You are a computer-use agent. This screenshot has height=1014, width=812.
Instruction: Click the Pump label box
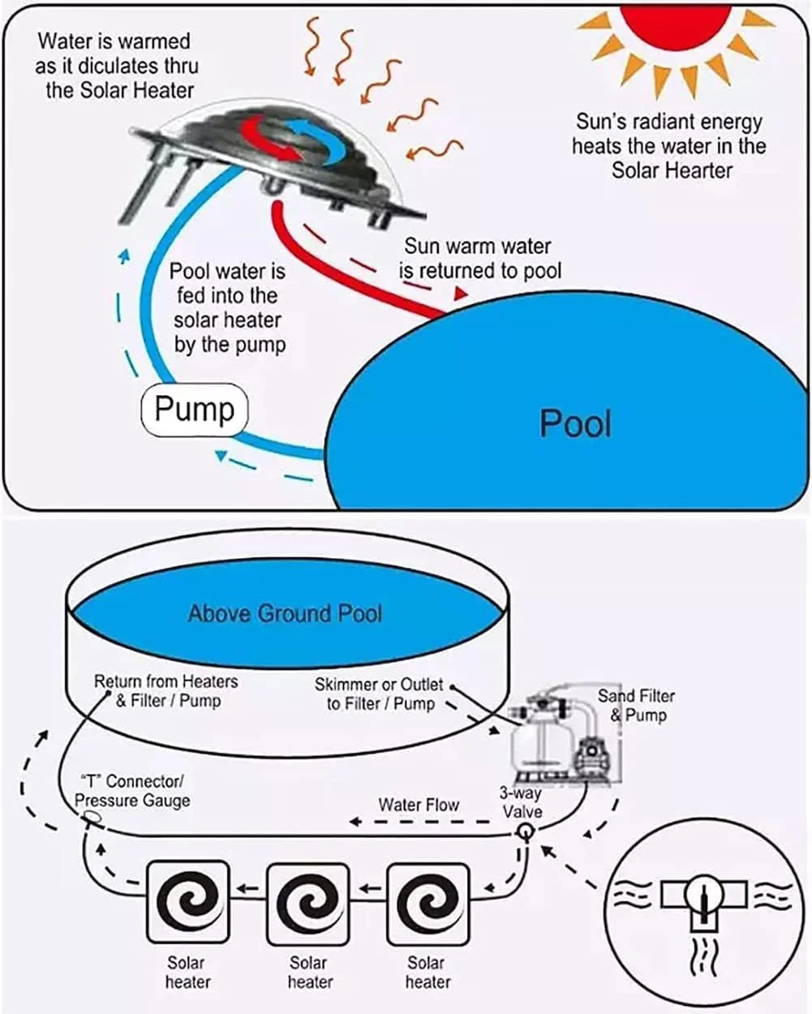tap(194, 410)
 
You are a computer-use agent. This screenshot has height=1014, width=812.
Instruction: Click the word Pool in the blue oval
tap(575, 423)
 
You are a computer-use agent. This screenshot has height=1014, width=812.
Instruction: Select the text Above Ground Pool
tap(285, 613)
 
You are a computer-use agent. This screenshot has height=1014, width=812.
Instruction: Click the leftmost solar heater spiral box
tap(188, 904)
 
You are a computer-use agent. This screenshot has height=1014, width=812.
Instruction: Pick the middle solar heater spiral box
tap(308, 904)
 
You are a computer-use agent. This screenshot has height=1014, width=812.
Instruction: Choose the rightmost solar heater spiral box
tap(428, 904)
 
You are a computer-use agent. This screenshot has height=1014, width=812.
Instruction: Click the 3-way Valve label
tap(521, 802)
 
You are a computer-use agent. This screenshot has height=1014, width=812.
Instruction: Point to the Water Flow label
tap(419, 805)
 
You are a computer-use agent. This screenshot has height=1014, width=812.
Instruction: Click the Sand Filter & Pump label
tap(636, 705)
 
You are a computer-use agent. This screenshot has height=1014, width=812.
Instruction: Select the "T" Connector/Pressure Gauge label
tap(131, 791)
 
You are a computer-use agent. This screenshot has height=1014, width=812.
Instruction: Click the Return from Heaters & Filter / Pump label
tap(166, 690)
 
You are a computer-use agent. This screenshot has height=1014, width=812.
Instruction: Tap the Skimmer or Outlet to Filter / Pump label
tap(380, 694)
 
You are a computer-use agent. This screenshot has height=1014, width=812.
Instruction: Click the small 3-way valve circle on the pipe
tap(526, 831)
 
